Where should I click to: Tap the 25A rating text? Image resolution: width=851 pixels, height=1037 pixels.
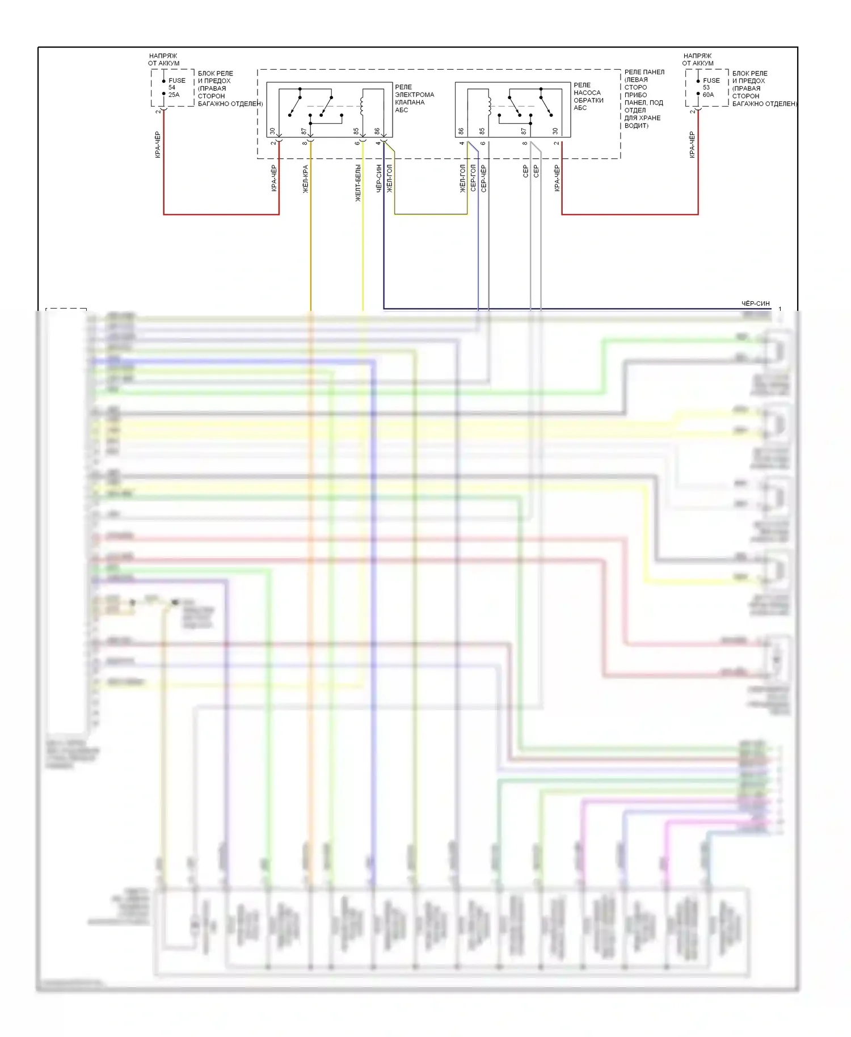point(174,95)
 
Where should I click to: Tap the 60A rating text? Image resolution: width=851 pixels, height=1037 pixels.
point(708,95)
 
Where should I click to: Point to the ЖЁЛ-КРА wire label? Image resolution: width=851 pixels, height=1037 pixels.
point(305,179)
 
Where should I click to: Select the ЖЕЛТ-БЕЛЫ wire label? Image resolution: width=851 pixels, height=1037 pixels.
point(358,183)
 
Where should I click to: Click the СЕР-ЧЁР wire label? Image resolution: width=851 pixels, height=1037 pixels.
point(483,179)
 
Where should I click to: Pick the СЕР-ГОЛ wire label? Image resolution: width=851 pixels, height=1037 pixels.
point(473,178)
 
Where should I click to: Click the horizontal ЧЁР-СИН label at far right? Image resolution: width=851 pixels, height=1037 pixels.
point(755,303)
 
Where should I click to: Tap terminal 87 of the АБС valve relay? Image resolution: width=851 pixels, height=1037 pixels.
point(304,131)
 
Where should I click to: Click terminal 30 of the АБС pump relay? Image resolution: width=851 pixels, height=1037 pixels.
point(555,131)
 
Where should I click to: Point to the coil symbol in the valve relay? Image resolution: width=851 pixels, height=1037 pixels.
point(362,106)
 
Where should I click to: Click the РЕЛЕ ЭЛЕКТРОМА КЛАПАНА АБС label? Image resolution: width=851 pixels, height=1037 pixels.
point(414,98)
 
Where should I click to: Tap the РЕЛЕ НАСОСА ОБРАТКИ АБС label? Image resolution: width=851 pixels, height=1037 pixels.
point(588,96)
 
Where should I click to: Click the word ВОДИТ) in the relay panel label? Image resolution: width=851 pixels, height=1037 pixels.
point(636,125)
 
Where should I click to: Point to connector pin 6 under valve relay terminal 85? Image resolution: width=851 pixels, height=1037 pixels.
point(357,143)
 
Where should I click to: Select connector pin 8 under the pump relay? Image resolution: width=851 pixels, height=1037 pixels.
point(524,143)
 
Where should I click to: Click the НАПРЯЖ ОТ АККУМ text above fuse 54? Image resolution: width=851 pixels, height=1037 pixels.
point(163,60)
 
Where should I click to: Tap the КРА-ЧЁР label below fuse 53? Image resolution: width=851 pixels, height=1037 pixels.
point(692,145)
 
